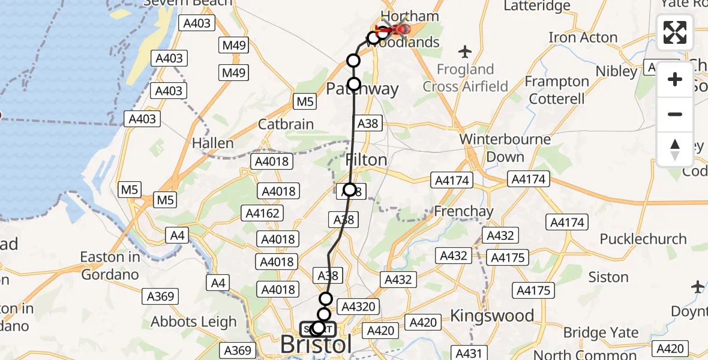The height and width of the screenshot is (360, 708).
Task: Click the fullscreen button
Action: click(x=675, y=32)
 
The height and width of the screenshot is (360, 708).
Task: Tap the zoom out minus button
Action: click(x=675, y=114)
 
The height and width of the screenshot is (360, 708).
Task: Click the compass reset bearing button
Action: click(x=675, y=149)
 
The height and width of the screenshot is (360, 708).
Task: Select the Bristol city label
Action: click(x=316, y=345)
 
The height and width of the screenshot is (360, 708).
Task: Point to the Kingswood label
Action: click(x=492, y=316)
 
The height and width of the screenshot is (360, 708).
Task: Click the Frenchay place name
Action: click(x=463, y=211)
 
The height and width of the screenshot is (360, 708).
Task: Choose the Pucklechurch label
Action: click(x=643, y=239)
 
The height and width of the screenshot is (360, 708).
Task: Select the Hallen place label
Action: click(x=213, y=143)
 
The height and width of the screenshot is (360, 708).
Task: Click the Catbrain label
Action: click(x=286, y=124)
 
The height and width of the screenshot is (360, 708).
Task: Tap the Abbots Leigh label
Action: click(x=194, y=322)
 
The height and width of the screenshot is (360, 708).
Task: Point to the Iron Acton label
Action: click(x=583, y=37)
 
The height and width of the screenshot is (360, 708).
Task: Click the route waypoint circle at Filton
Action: click(x=349, y=190)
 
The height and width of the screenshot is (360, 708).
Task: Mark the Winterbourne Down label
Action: click(x=505, y=148)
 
